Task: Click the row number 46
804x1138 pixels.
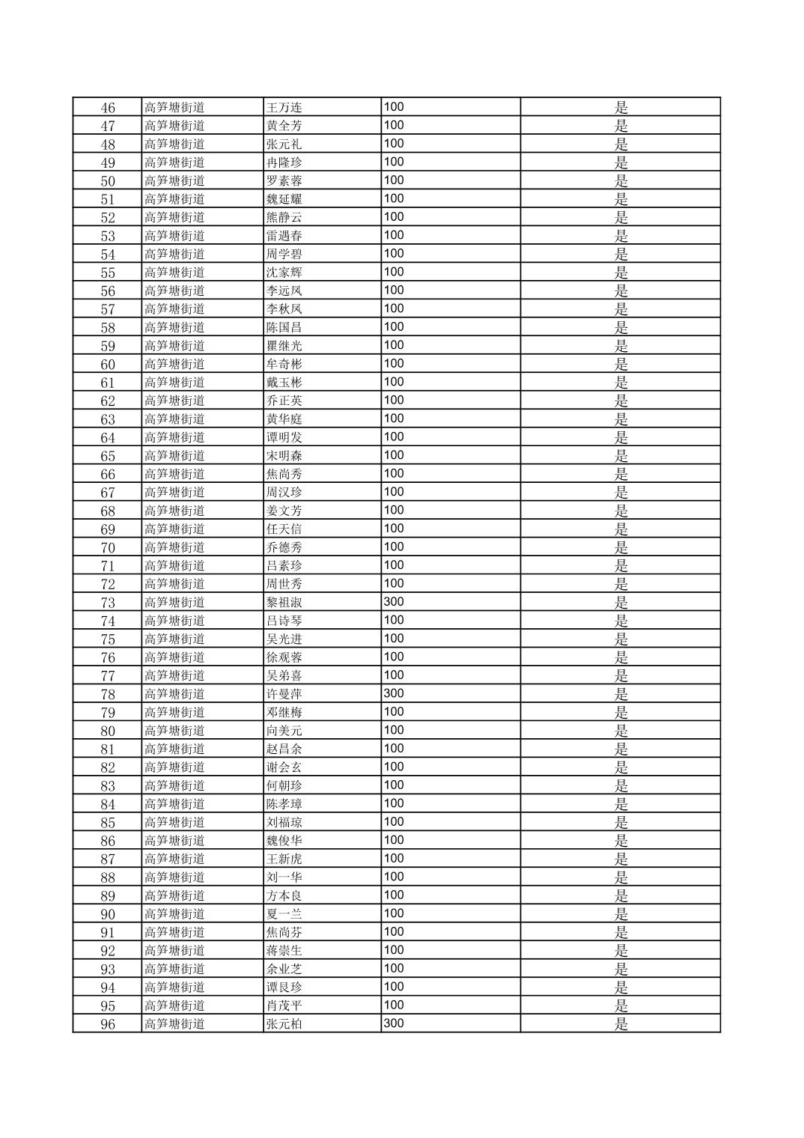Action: (x=108, y=107)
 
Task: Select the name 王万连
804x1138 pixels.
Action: (x=284, y=107)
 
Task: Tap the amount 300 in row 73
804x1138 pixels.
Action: (x=394, y=602)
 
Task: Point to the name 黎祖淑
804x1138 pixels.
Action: (x=284, y=603)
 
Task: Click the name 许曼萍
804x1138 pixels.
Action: (x=284, y=694)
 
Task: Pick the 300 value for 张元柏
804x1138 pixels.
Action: (x=394, y=1023)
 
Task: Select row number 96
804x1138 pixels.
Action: (x=108, y=1024)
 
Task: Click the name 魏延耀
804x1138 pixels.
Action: (x=284, y=199)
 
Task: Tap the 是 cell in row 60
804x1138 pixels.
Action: (x=621, y=364)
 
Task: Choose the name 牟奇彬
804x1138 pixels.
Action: (x=284, y=364)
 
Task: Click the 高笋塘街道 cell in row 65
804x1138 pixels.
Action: (x=174, y=456)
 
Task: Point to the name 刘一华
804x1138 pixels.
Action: (x=284, y=877)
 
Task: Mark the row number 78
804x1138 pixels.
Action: (x=108, y=694)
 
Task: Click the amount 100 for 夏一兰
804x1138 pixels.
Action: (x=394, y=913)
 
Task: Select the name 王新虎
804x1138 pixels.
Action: (x=284, y=859)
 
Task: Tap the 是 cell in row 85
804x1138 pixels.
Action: (x=621, y=822)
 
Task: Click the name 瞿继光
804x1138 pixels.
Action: (x=284, y=346)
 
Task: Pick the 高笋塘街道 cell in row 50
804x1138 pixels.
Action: (x=174, y=180)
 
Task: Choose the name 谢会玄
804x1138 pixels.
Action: (x=284, y=767)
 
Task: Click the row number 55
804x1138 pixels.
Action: (x=108, y=273)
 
